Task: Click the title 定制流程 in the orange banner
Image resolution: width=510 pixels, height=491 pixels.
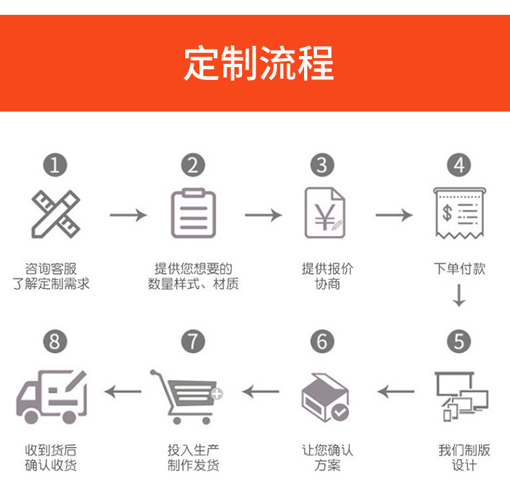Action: click(x=258, y=63)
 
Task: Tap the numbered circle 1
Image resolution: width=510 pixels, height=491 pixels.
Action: click(x=55, y=165)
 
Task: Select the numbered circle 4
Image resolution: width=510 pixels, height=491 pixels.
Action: click(x=458, y=165)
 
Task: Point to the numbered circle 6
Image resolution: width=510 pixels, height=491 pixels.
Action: click(x=322, y=341)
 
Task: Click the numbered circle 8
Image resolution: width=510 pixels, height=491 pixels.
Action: click(x=55, y=341)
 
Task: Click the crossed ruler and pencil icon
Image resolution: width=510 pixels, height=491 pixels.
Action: click(x=56, y=214)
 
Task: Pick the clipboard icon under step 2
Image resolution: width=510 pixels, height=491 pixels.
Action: click(x=193, y=214)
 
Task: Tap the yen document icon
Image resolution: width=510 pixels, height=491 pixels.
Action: click(x=324, y=214)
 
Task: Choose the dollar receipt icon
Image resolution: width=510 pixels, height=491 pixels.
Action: click(x=459, y=213)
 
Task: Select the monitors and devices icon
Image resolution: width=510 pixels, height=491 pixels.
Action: click(x=461, y=395)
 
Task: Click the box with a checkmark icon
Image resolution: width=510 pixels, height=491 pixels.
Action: click(x=325, y=395)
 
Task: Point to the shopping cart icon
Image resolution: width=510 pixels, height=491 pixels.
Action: click(x=186, y=395)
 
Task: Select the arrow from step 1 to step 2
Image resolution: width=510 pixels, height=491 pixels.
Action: click(x=128, y=214)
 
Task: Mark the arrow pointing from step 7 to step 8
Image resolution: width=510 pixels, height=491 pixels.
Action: click(x=123, y=390)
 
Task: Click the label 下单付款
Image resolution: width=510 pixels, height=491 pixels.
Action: click(x=459, y=269)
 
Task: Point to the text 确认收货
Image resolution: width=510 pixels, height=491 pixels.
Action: click(x=51, y=465)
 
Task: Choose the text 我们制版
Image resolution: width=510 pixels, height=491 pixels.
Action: click(x=464, y=450)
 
